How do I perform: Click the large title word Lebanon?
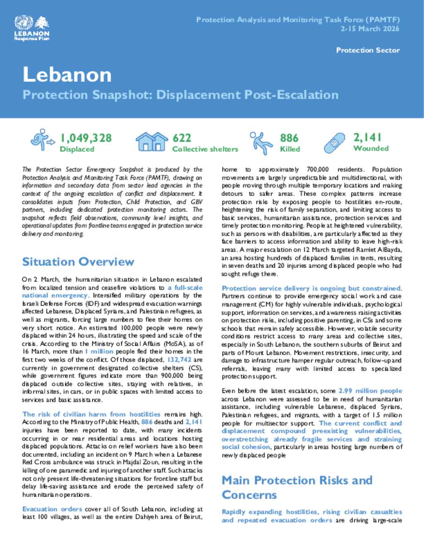[67, 75]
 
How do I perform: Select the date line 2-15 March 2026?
[370, 29]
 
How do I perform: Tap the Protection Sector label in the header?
[368, 50]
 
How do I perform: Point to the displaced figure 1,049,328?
[86, 138]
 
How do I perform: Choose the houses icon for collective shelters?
[152, 141]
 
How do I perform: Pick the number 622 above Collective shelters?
[182, 138]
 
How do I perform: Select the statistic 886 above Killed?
[289, 138]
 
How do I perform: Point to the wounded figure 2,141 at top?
[367, 137]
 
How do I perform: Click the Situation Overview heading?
[78, 262]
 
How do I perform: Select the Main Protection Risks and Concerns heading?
[297, 487]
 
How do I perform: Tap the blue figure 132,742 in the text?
[179, 360]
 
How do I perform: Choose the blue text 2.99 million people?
[370, 391]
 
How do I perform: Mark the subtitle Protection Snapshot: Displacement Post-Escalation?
[181, 95]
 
